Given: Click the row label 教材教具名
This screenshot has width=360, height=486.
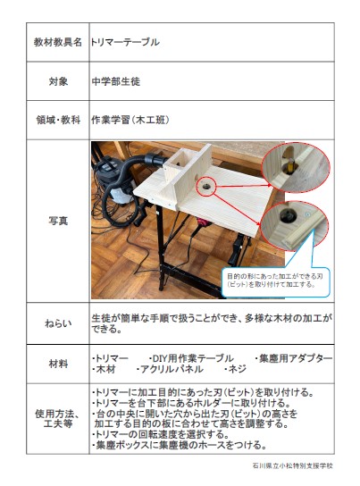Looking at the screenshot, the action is tap(58, 42).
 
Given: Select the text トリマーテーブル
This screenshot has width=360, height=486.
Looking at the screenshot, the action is tap(125, 42).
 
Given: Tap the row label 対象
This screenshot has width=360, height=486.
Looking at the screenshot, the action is tap(58, 81).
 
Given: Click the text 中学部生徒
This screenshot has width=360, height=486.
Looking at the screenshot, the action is tap(116, 81).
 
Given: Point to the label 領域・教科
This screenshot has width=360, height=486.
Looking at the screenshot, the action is tap(58, 120).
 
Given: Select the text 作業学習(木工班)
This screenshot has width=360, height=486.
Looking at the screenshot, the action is tap(130, 120).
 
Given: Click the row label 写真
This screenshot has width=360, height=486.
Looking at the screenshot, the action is tap(58, 221).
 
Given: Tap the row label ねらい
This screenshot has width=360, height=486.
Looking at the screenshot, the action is tap(58, 323).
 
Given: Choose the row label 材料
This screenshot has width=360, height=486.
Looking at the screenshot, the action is tap(58, 364).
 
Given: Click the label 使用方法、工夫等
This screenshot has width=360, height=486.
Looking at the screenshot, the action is tap(58, 418).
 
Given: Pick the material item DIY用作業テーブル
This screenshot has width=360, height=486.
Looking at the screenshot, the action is tap(191, 358).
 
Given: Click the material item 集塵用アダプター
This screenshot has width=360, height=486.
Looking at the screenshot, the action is tap(294, 358).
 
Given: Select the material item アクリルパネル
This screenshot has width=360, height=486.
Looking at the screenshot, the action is tap(170, 369).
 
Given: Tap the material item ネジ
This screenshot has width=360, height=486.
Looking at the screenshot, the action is tap(235, 369).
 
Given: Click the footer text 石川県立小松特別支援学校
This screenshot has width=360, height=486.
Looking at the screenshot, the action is tap(293, 465).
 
